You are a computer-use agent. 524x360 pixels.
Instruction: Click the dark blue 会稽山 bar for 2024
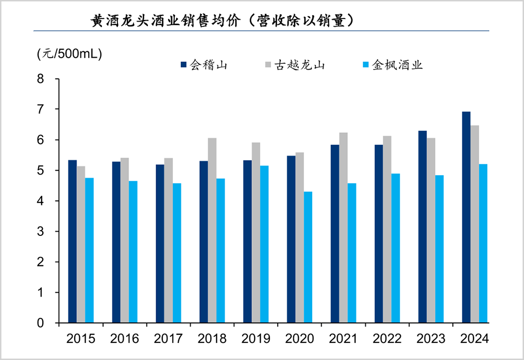click(x=466, y=217)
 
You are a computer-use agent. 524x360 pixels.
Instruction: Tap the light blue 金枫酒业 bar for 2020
click(x=308, y=257)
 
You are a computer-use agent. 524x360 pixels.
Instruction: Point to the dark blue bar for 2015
click(x=73, y=242)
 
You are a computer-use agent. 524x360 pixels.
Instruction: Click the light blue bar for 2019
click(x=264, y=244)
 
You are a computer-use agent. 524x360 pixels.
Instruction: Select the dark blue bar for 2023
click(x=422, y=227)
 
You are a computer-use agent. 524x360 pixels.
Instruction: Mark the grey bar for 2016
click(x=125, y=240)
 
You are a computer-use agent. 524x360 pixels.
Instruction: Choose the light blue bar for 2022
click(x=396, y=248)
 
